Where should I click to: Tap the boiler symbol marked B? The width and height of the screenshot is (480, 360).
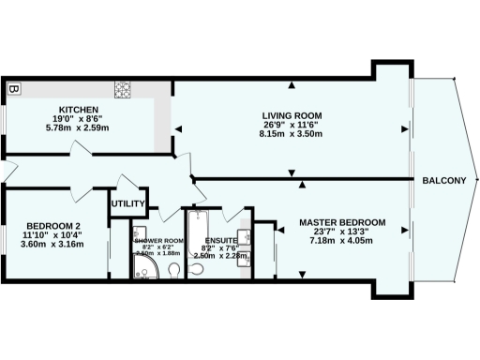pyautogui.click(x=13, y=90)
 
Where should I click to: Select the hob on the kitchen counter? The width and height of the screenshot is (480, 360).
pyautogui.click(x=124, y=90)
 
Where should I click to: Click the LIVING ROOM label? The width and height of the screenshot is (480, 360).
pyautogui.click(x=292, y=115)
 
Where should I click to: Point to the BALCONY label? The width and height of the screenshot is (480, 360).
pyautogui.click(x=444, y=181)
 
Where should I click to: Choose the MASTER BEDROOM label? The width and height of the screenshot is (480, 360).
pyautogui.click(x=338, y=222)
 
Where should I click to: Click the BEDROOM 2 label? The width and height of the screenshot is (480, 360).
pyautogui.click(x=52, y=226)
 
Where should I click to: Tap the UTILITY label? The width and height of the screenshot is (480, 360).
pyautogui.click(x=127, y=204)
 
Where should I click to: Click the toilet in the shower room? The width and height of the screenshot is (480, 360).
pyautogui.click(x=174, y=270)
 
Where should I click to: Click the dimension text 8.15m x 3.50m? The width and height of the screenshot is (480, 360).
pyautogui.click(x=292, y=134)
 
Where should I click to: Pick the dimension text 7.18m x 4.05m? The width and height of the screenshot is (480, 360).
pyautogui.click(x=338, y=241)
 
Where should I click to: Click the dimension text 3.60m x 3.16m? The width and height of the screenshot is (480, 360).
pyautogui.click(x=52, y=245)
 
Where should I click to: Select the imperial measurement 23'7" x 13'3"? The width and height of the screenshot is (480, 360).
pyautogui.click(x=338, y=232)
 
